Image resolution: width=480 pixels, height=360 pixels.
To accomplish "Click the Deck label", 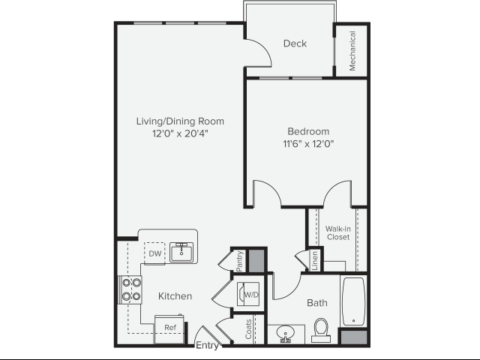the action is (295, 43).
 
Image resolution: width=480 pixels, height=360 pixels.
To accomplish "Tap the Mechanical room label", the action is (352, 51).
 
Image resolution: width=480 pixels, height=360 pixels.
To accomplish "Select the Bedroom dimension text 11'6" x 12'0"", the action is (308, 143).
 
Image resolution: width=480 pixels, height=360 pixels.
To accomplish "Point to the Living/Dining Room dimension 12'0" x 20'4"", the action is (180, 133).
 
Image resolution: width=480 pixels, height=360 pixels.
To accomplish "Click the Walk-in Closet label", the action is (338, 233).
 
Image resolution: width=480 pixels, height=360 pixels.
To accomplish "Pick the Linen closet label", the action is (315, 261).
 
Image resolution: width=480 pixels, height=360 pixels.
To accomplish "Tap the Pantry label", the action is (240, 261).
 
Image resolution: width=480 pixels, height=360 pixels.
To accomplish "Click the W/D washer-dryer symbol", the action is (248, 294).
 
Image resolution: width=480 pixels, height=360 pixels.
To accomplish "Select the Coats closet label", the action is (248, 329).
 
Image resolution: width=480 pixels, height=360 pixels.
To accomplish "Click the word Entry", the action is (207, 345).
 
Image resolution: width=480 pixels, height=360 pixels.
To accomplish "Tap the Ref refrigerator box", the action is (169, 329).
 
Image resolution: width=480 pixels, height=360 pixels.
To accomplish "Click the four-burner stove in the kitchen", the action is (130, 289).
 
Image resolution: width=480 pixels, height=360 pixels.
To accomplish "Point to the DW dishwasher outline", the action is (154, 253).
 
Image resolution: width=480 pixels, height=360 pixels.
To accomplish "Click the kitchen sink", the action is (181, 252).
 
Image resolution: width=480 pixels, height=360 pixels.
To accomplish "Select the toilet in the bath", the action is (321, 330).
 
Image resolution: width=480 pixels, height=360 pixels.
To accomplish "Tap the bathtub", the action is (353, 301).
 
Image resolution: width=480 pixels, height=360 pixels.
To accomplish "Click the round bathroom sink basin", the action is (285, 332).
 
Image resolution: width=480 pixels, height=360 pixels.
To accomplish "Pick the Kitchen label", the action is (175, 296).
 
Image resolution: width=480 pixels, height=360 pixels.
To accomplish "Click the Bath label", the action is (316, 303).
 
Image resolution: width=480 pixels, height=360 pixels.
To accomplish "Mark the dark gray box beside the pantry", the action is (256, 261).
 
